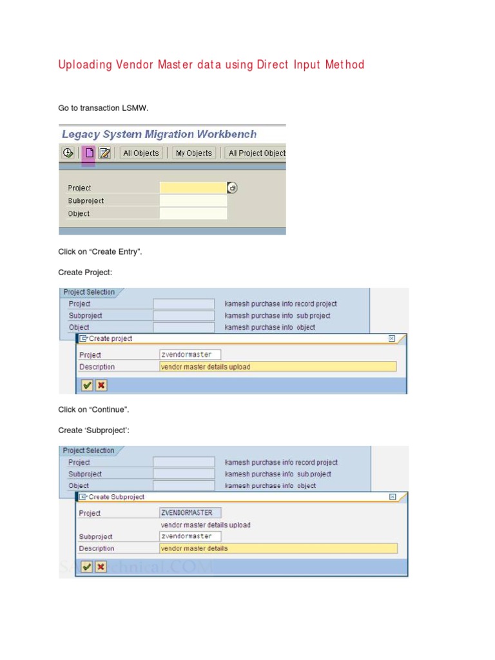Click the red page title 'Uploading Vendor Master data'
[211, 64]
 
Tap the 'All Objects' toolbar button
[141, 153]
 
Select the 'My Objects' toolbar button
[193, 153]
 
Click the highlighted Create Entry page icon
[89, 153]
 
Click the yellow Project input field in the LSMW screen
[193, 188]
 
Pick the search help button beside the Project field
[233, 188]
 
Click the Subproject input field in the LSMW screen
[193, 200]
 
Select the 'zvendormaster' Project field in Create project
[190, 354]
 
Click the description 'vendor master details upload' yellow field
[277, 367]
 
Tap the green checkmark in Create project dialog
[86, 385]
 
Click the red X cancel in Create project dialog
[101, 385]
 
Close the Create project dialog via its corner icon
[392, 338]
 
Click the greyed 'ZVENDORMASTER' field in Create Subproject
[190, 513]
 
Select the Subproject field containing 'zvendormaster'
[190, 536]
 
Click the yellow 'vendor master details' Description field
[278, 548]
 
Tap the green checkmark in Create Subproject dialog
[86, 567]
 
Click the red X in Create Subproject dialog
[101, 567]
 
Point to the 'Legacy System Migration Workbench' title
[159, 134]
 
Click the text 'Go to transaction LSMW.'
[104, 108]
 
